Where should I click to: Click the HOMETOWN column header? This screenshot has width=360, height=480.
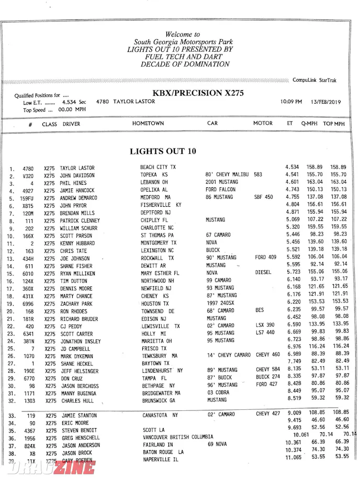coord(148,124)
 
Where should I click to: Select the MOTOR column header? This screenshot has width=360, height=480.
coord(263,124)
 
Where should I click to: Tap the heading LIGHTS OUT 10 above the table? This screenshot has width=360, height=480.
coord(163,151)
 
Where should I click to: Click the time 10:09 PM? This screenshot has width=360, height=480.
coord(291,102)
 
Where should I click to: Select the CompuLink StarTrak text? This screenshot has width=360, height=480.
coord(314,80)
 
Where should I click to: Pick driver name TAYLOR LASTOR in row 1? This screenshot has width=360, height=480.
coord(77,169)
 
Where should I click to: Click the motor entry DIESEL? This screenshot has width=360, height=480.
coord(263,273)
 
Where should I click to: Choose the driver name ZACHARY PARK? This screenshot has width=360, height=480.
coord(76,304)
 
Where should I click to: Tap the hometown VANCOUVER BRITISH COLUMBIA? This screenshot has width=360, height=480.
coord(178,437)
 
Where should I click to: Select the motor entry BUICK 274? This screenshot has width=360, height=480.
coord(267,377)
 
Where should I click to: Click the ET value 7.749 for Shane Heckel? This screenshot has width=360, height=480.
coord(294,362)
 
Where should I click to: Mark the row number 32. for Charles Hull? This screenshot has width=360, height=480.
coord(12,401)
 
